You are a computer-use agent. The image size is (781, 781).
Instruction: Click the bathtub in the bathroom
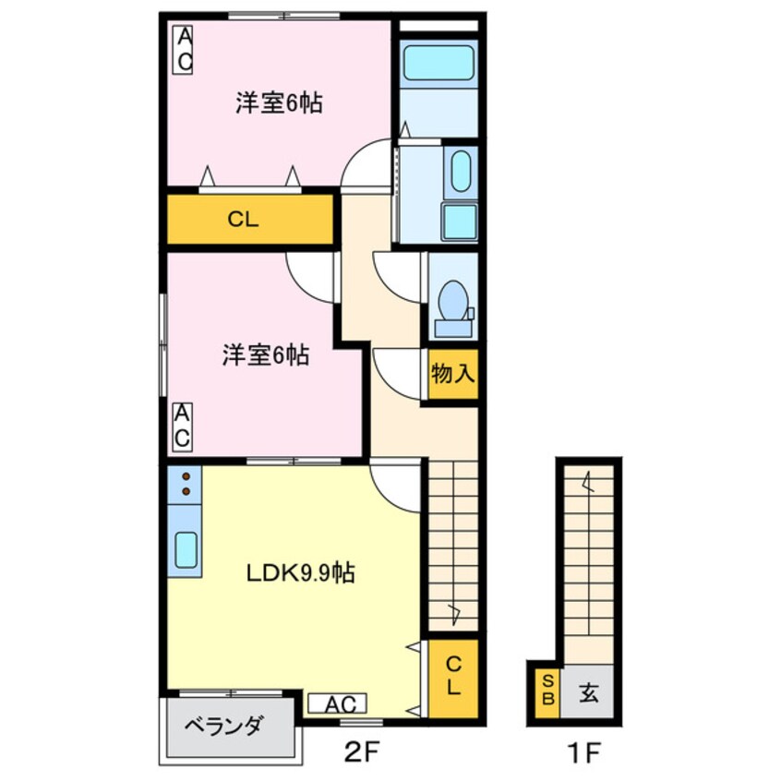[439, 62]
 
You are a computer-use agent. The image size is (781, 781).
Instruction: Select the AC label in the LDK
[337, 703]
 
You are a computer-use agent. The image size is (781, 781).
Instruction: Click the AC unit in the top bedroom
[183, 50]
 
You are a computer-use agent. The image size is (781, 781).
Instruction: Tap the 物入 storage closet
[453, 374]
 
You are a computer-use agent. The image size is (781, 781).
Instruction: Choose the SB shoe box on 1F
[547, 690]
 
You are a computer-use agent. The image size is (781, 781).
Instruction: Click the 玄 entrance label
[588, 692]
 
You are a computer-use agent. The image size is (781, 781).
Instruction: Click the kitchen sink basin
[186, 550]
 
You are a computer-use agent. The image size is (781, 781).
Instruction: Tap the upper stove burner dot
[186, 475]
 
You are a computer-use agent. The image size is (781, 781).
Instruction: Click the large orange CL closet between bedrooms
[250, 219]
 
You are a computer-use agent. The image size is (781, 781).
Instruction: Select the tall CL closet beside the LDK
[453, 678]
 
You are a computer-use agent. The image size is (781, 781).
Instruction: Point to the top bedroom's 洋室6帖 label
[279, 103]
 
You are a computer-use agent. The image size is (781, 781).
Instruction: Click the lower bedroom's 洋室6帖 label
[266, 355]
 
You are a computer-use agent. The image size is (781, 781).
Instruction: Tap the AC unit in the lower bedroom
[182, 427]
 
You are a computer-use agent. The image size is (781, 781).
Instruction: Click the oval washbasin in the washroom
[461, 171]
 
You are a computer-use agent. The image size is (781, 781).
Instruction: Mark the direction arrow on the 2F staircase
[455, 615]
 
